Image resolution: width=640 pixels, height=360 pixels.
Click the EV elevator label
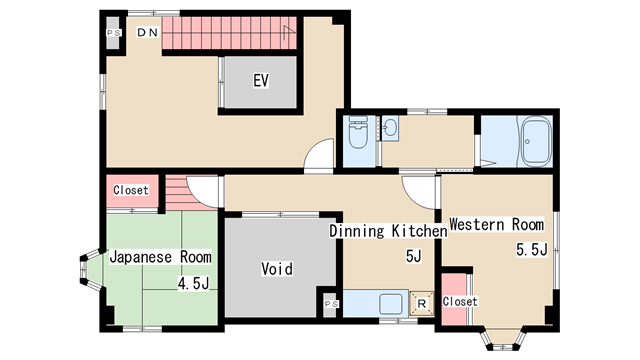(x=261, y=80)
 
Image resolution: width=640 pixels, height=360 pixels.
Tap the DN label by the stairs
(x=147, y=32)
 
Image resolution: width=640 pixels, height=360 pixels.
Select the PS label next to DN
(x=113, y=33)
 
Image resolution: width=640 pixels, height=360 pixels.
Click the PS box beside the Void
(x=331, y=304)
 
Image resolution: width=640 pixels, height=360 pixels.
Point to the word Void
(x=277, y=269)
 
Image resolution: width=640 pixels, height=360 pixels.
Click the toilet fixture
(x=358, y=132)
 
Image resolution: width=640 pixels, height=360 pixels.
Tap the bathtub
(x=537, y=142)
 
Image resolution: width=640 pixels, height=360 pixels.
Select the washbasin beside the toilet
(x=390, y=128)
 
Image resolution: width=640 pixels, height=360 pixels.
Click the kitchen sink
(x=391, y=304)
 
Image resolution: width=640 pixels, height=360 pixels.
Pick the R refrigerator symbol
(x=422, y=304)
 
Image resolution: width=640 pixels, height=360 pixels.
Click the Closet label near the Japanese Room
(x=131, y=190)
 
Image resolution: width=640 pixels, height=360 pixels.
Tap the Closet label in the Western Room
(x=460, y=302)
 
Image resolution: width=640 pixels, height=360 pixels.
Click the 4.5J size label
(x=193, y=283)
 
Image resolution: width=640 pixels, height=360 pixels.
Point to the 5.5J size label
(x=531, y=249)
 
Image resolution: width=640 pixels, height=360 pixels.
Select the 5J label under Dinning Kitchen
(x=413, y=256)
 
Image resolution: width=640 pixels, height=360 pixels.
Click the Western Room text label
(x=496, y=224)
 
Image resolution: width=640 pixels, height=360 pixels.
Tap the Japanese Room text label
(x=160, y=257)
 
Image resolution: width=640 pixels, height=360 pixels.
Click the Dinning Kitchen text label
(x=388, y=231)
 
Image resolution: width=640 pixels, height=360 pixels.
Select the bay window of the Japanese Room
(x=91, y=269)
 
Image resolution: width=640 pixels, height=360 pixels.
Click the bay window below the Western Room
(x=503, y=338)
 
